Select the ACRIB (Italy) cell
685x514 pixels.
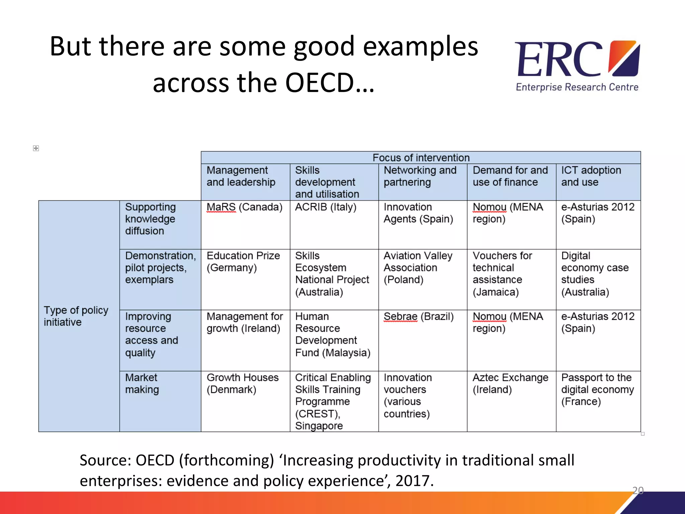(325, 207)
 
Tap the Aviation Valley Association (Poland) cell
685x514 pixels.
(418, 268)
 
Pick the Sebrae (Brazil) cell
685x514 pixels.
(418, 317)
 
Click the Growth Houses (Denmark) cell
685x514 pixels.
(242, 383)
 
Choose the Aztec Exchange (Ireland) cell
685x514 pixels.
(510, 383)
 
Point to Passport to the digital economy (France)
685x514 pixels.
(597, 390)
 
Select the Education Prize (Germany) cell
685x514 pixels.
(243, 262)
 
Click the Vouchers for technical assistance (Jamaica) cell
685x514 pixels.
(502, 274)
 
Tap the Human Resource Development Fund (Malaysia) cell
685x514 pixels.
(332, 335)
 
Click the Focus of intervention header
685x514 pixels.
(421, 158)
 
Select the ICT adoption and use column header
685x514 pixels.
(591, 176)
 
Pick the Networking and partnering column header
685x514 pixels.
(420, 176)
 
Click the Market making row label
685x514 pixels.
(142, 383)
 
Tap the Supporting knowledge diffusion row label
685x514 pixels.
(150, 219)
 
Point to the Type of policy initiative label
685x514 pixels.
(76, 316)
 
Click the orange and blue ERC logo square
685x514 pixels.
(624, 58)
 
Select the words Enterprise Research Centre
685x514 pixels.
(577, 87)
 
